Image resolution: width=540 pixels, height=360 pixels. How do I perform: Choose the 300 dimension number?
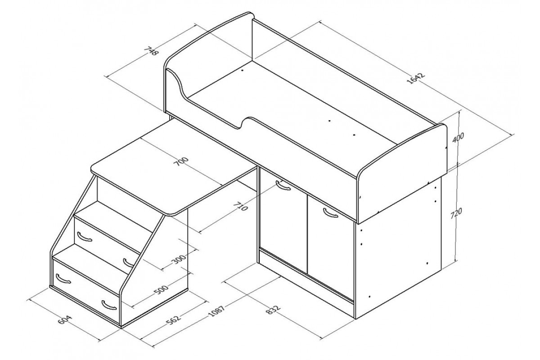178,258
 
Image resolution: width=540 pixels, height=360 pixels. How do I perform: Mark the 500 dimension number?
161,290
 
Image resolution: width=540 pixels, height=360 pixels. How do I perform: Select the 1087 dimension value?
216,311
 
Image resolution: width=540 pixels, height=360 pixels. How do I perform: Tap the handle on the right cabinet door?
331,213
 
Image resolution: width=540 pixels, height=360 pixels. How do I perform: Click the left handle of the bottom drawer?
63,278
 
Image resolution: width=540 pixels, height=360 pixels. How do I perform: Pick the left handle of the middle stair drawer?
85,237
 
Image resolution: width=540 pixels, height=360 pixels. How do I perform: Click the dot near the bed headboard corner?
242,71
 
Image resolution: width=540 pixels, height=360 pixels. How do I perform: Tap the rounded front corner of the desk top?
172,213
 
